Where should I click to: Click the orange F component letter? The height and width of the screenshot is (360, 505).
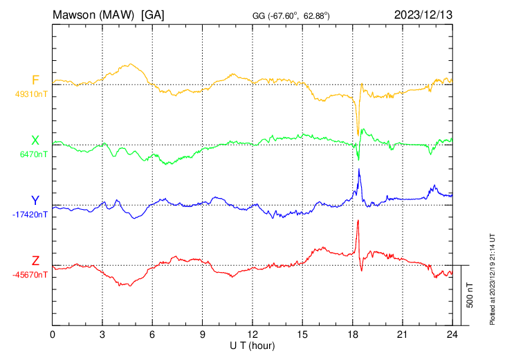(35, 80)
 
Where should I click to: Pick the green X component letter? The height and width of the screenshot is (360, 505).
(35, 141)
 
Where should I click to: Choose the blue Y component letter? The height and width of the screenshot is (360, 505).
(35, 201)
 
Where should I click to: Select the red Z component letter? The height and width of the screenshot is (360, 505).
(35, 261)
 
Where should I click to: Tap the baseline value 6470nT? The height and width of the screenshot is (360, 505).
(31, 154)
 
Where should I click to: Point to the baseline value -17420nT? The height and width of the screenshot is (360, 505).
(30, 215)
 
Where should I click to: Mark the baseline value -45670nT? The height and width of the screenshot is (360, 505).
(30, 275)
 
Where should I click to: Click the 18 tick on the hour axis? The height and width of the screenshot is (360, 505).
(352, 334)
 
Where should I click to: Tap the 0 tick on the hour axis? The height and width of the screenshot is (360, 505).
(53, 334)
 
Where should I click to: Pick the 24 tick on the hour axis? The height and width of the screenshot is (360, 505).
(452, 334)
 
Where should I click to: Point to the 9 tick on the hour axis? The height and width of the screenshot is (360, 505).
(202, 334)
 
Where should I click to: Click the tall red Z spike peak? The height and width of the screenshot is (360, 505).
(358, 221)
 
